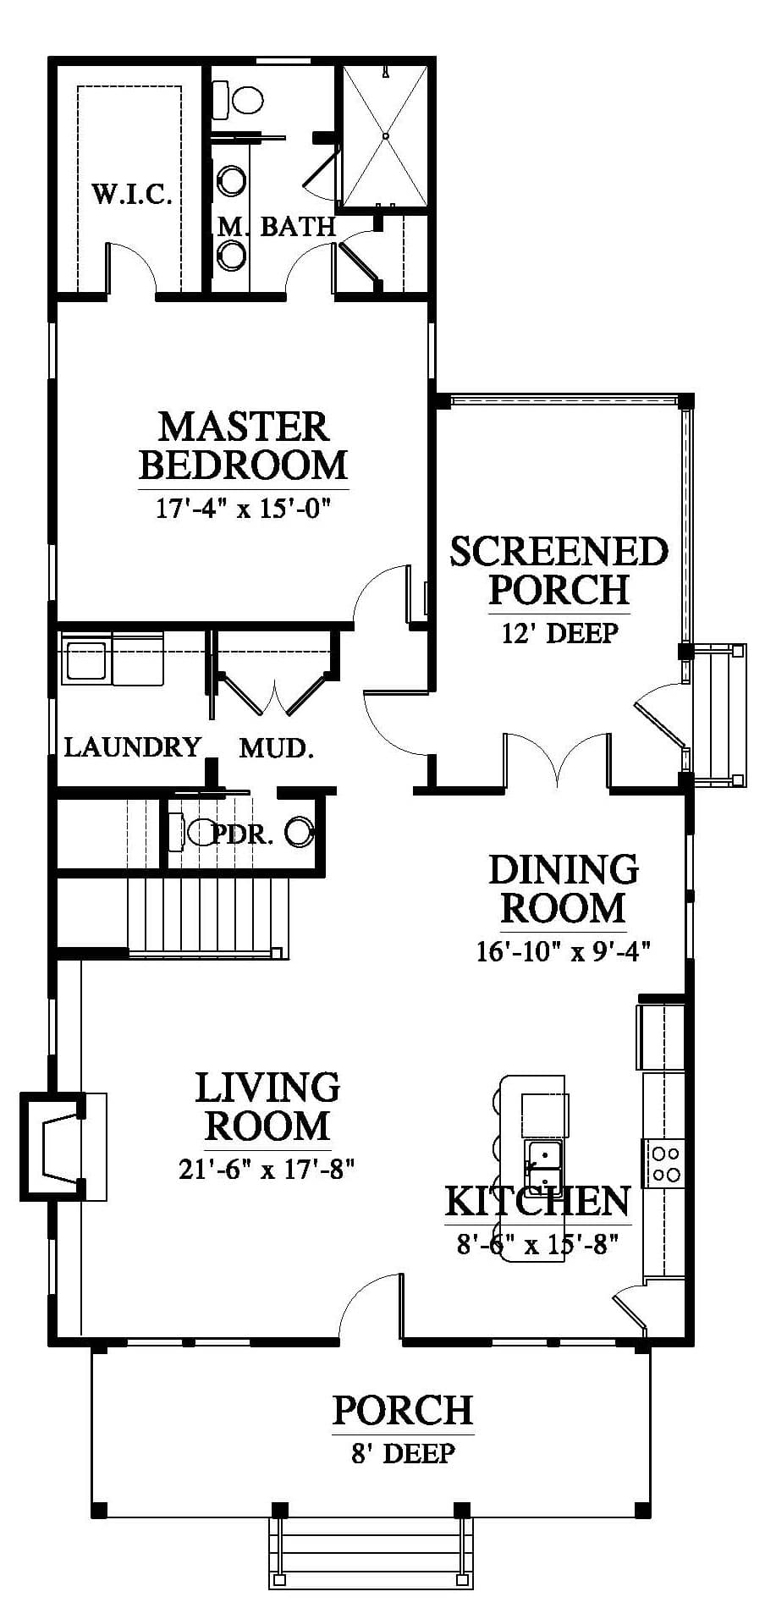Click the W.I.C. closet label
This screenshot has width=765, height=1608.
[x=132, y=195]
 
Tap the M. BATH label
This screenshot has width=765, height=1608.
[x=277, y=226]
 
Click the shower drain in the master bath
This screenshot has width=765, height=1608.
[x=385, y=135]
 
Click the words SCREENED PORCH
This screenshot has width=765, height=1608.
[x=559, y=570]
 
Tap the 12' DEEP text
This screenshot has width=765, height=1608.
[x=559, y=632]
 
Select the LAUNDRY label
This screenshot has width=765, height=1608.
[x=133, y=746]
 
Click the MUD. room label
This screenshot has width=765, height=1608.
[x=277, y=747]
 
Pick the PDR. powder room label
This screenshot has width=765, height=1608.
[x=242, y=835]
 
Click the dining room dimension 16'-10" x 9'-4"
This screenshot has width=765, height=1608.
[x=563, y=950]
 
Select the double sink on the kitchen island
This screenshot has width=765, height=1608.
[x=542, y=1167]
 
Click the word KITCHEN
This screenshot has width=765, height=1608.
[x=537, y=1200]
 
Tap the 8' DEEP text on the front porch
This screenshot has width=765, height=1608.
[x=403, y=1453]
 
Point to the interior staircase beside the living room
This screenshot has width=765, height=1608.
[x=208, y=917]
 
